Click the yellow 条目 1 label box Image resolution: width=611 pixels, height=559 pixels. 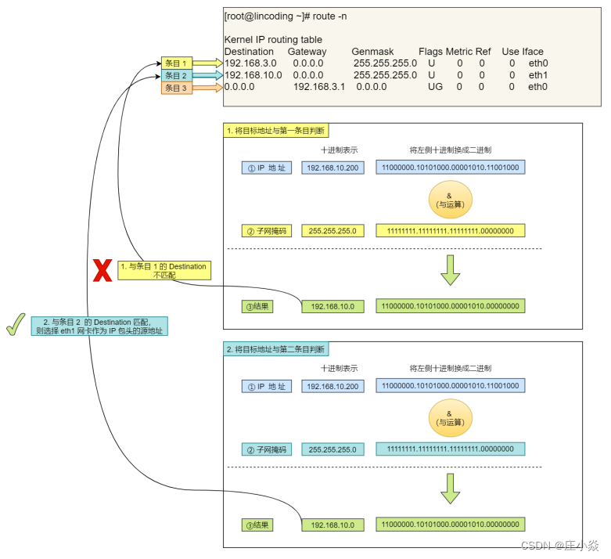177,63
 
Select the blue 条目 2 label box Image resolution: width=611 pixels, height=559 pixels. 177,76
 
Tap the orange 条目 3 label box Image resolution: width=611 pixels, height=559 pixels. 177,88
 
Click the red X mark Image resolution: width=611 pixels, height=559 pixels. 102,270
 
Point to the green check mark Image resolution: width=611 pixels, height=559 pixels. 16,324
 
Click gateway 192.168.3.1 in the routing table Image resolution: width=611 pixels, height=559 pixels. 319,87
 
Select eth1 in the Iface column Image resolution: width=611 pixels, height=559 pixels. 538,75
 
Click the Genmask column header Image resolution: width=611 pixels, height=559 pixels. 372,52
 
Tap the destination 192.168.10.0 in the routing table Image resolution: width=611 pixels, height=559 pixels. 253,75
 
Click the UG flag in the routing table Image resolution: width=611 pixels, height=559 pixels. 435,87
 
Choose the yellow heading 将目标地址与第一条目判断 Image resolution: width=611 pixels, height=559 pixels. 276,131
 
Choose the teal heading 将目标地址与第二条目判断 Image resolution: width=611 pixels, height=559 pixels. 276,349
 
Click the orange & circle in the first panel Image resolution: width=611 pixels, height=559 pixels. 451,200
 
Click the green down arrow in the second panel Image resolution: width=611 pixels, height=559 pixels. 451,489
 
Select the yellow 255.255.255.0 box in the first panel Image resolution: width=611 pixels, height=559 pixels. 332,231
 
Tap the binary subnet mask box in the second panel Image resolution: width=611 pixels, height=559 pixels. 451,449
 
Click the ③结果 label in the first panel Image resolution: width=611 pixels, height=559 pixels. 257,307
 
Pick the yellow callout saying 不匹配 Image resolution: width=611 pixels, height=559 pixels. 164,270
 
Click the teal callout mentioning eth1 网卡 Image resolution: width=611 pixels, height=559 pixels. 99,326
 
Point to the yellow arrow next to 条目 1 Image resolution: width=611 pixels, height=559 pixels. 208,63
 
